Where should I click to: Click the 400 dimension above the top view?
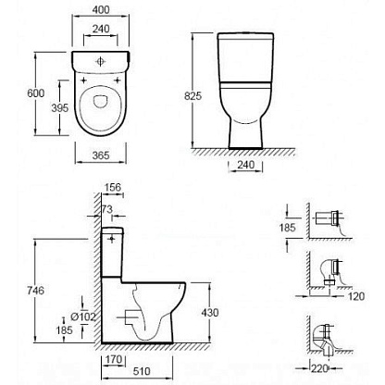click(x=101, y=10)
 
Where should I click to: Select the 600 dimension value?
click(x=36, y=93)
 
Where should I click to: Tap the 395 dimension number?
click(x=60, y=108)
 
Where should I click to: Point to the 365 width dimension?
click(x=101, y=155)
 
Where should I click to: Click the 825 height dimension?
click(x=192, y=96)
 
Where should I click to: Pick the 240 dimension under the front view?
click(x=246, y=165)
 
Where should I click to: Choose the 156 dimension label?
click(x=113, y=187)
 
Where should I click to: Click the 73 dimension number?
click(x=107, y=209)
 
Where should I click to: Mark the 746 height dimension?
click(x=36, y=291)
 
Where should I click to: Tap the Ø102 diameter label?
click(x=82, y=317)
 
